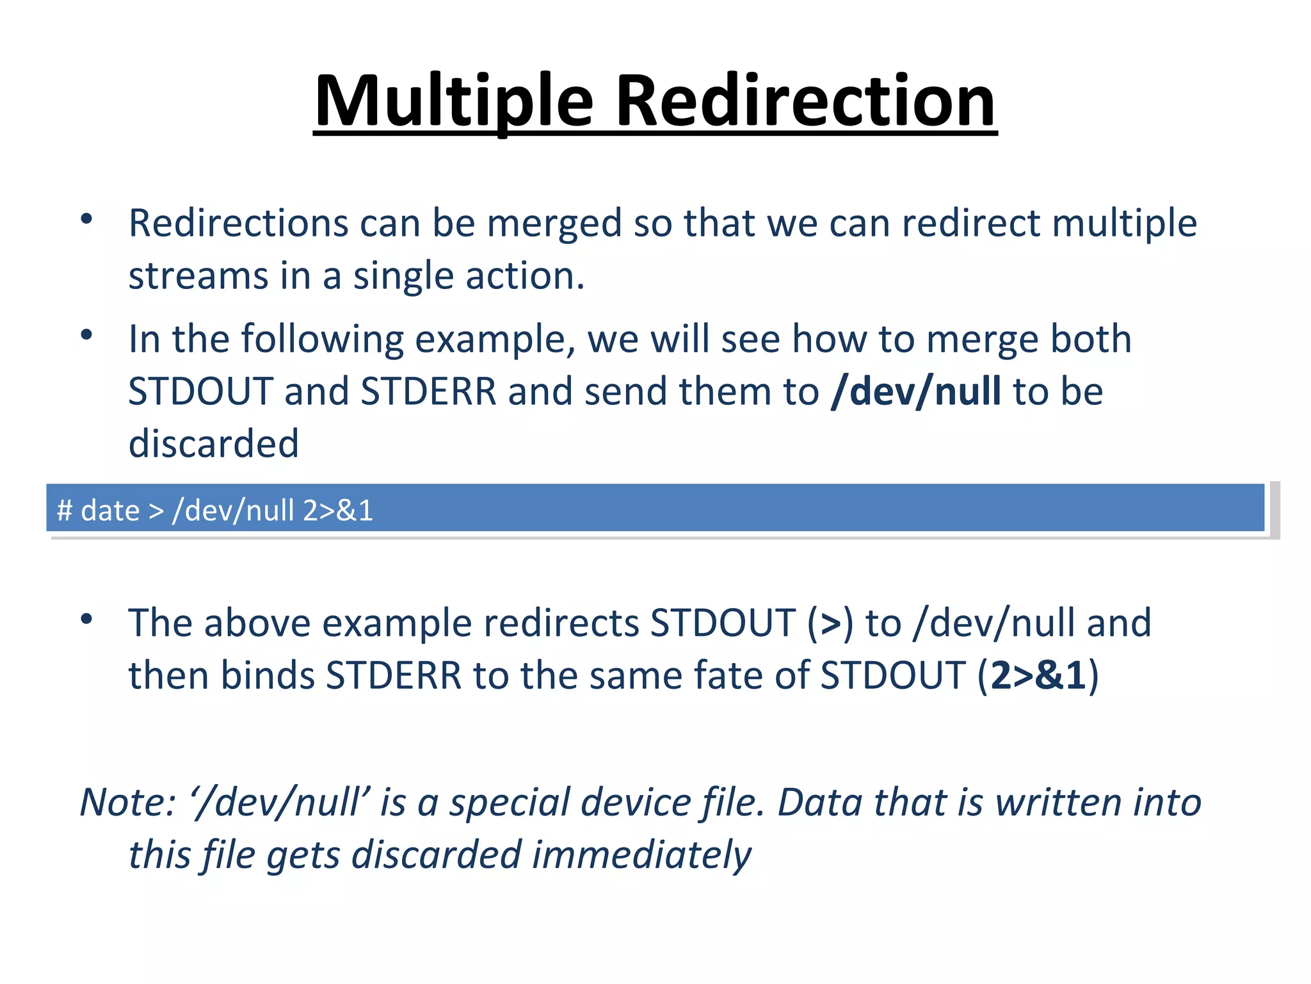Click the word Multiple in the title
[x=454, y=101]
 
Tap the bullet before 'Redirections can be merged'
[x=86, y=220]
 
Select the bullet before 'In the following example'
[x=86, y=335]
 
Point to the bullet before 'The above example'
[x=86, y=619]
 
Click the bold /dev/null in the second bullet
[x=915, y=391]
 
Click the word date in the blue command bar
[x=110, y=511]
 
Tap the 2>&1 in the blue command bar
[x=338, y=511]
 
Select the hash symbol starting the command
[x=64, y=511]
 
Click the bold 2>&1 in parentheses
[x=1038, y=675]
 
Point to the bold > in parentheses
[x=830, y=623]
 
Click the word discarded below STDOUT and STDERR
[x=214, y=443]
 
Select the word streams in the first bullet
[x=198, y=276]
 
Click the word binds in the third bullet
[x=268, y=675]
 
